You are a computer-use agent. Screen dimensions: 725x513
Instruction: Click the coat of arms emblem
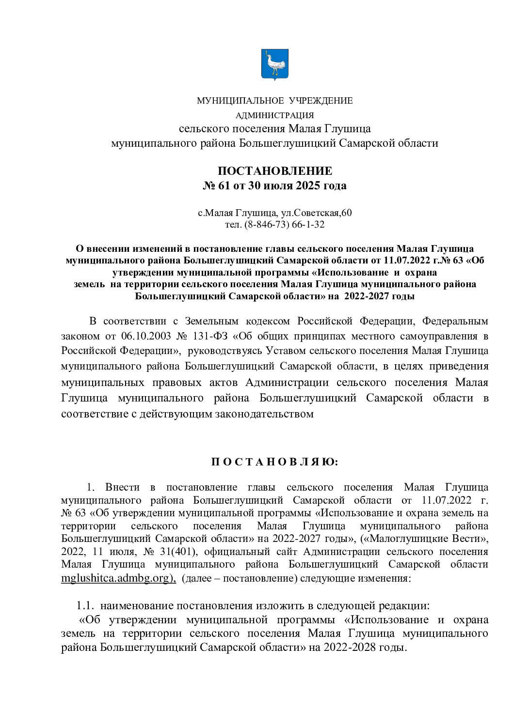click(274, 64)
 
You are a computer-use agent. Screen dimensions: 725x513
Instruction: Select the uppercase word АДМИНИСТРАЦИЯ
click(274, 115)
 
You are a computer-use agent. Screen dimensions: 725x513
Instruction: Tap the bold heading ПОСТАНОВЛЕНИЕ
click(275, 171)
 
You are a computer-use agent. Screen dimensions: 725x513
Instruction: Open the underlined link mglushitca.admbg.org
click(118, 578)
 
